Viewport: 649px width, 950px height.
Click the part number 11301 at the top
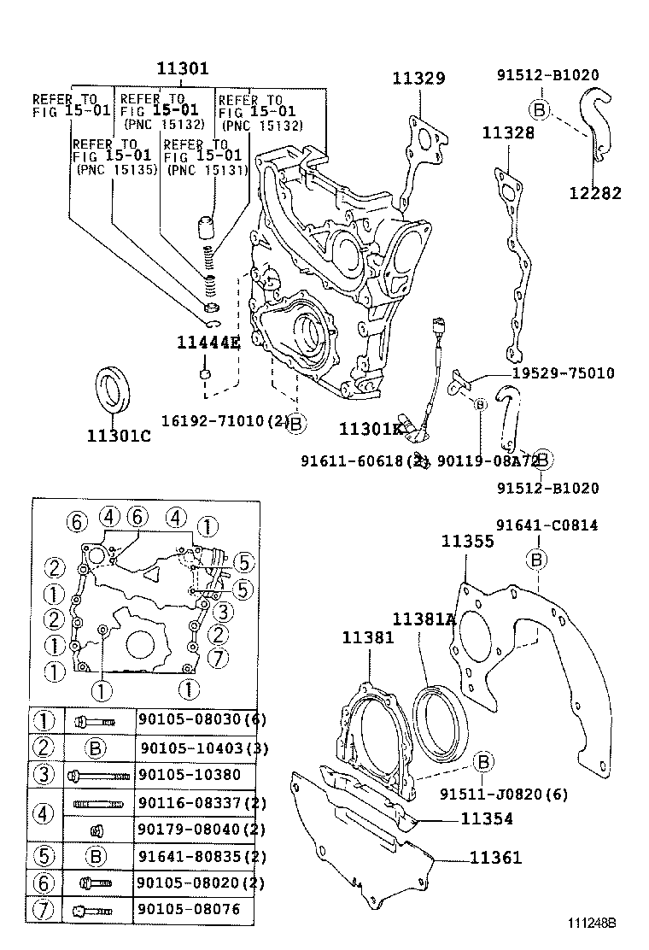(182, 69)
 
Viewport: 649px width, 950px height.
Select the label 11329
(418, 79)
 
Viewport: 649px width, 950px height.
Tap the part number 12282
(595, 193)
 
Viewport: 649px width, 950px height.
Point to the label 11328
(508, 132)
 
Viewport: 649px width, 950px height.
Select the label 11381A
(424, 619)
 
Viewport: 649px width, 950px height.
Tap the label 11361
(495, 858)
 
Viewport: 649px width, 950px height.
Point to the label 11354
(487, 818)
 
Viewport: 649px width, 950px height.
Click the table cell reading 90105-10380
(189, 775)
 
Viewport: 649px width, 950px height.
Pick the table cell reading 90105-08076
(189, 910)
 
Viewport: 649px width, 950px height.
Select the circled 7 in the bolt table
(43, 910)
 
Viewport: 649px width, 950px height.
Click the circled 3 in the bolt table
(43, 775)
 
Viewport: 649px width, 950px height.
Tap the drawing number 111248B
(593, 924)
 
